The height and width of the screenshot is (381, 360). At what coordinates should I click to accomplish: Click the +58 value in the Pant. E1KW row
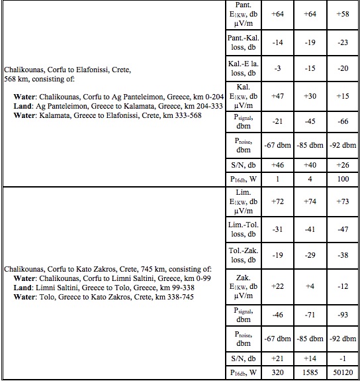tap(342, 14)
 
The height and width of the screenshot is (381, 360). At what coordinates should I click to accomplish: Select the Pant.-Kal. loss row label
tap(242, 42)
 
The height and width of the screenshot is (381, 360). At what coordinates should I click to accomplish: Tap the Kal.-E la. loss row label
tap(242, 68)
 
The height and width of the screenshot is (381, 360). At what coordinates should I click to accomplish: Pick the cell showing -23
tap(342, 42)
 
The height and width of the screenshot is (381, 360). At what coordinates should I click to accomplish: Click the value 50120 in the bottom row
tap(342, 372)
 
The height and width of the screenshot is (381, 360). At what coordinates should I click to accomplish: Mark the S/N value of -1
tap(342, 358)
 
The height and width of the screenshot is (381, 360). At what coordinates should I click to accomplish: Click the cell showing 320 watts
tap(277, 372)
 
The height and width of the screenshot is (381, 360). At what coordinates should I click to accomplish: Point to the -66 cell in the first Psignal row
tap(342, 121)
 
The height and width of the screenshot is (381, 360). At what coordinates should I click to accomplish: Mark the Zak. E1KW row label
tap(242, 286)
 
